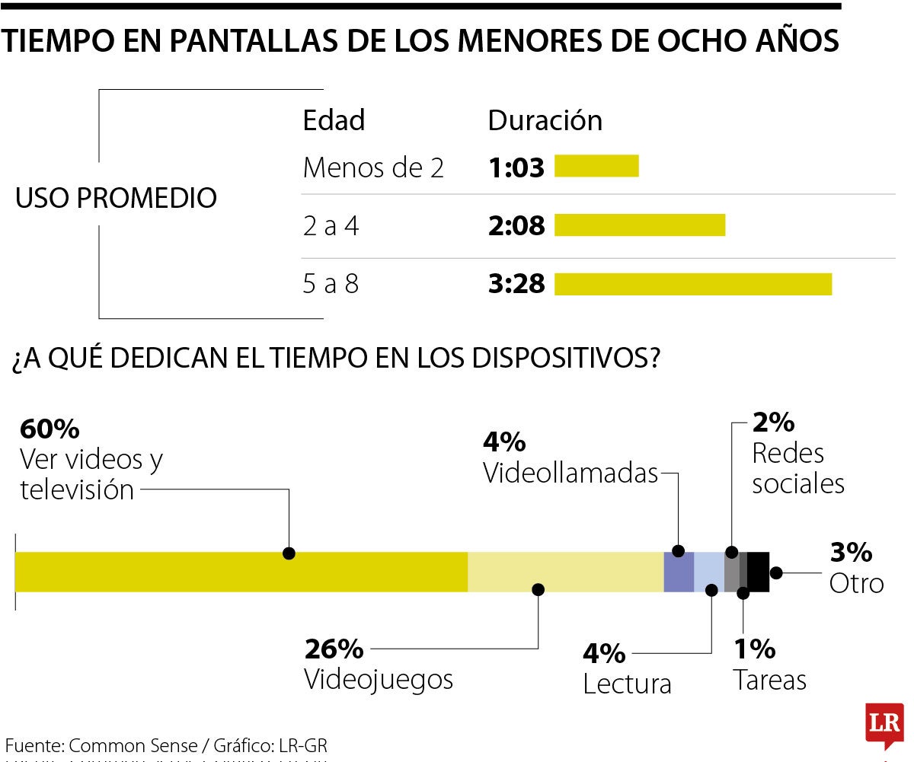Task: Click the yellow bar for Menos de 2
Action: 596,166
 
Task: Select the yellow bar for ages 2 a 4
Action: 640,225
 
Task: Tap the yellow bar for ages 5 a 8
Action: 693,284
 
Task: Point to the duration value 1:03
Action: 516,167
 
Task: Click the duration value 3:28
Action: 516,285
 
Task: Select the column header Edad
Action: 334,120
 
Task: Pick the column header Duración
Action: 545,120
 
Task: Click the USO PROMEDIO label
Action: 116,199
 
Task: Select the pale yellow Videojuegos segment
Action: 565,572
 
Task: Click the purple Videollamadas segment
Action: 679,572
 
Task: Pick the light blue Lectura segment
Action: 709,572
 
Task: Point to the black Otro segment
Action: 758,572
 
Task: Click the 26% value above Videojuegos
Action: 334,649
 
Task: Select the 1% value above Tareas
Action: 754,649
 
